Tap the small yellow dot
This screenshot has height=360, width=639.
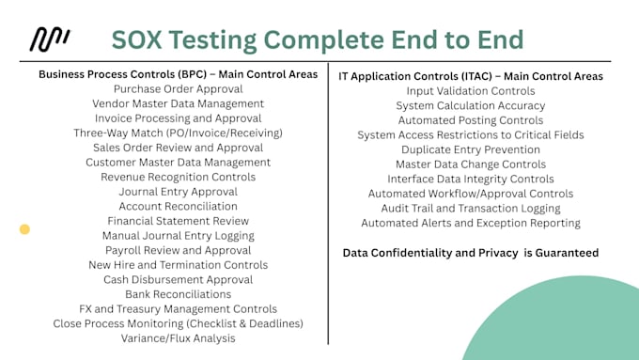pos(24,228)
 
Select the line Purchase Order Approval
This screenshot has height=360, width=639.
pos(179,88)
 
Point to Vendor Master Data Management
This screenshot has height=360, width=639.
pos(179,103)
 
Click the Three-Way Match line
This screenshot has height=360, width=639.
pos(179,133)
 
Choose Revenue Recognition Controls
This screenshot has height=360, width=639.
pos(179,177)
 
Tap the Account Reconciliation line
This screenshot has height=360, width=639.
pos(179,206)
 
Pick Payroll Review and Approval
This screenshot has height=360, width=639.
pos(179,250)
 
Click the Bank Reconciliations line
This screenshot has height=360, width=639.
pos(179,294)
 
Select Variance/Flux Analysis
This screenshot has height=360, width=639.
pos(179,338)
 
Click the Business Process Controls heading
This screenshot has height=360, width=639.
pos(178,74)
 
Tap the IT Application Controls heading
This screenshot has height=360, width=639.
pos(471,75)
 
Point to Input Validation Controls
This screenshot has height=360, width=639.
pos(471,91)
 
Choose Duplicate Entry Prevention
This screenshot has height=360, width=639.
pos(471,149)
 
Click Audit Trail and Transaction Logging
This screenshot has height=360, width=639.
pos(471,208)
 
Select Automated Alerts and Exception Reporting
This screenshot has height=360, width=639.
pos(471,223)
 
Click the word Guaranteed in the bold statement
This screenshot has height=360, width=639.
pos(560,253)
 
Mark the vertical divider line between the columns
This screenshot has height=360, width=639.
pos(328,207)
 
